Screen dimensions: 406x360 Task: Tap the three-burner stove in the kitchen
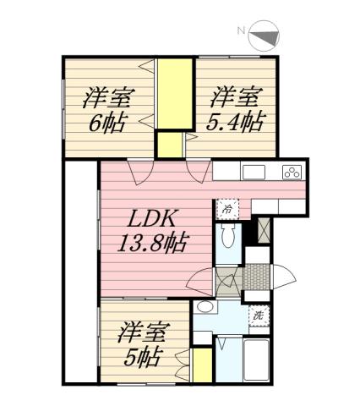click(292, 172)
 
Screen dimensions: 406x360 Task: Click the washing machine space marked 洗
click(259, 315)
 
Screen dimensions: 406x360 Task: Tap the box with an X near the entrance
click(263, 229)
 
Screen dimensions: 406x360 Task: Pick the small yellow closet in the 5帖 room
click(201, 365)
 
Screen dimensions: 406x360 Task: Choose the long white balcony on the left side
click(81, 271)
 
